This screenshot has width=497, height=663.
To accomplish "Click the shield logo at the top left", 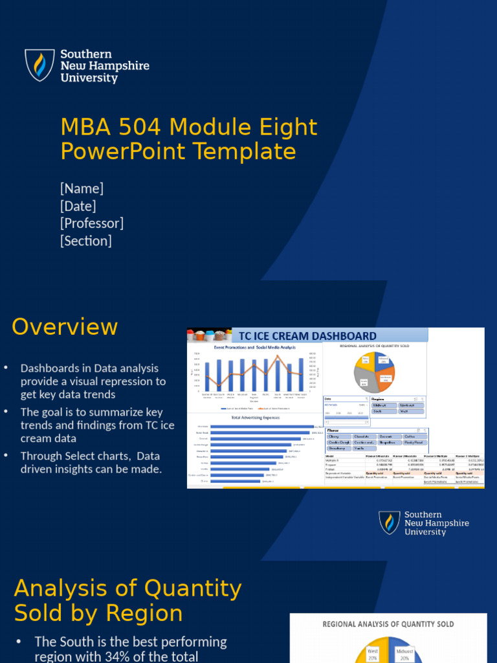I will coord(39,65).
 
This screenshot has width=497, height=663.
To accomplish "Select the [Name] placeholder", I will coord(82,188).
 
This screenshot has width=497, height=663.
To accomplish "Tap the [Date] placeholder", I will coord(78,206).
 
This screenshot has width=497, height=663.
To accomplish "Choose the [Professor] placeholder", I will coord(92,223).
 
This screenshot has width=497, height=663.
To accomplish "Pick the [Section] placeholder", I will coord(86,241).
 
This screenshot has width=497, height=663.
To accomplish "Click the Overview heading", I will coord(65,327).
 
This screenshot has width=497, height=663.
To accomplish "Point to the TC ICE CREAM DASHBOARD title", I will coord(307,335).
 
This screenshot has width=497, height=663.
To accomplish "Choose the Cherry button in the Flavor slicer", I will coord(338,437).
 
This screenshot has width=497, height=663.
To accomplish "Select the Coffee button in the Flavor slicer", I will coord(414,437).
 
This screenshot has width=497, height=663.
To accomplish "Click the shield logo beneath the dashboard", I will coord(390,523).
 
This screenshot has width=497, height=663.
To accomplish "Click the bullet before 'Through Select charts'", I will coord(6,455).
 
